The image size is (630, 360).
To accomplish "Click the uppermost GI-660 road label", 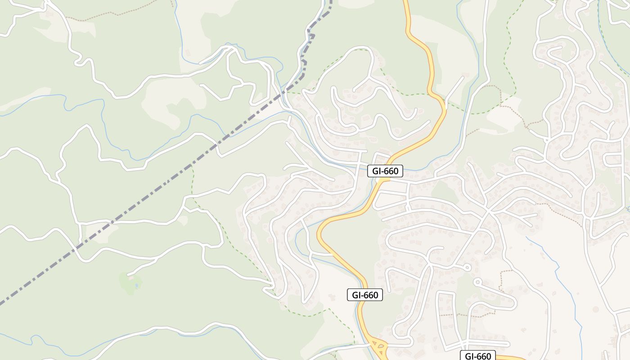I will click(x=385, y=171).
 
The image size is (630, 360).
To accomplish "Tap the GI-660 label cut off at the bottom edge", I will click(x=478, y=356).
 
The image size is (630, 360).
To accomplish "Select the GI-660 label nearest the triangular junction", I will click(x=365, y=295).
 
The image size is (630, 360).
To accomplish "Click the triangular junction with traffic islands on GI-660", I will click(x=379, y=347).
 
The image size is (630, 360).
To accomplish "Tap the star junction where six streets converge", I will click(x=488, y=211).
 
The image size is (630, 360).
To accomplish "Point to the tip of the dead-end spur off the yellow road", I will click(x=463, y=77).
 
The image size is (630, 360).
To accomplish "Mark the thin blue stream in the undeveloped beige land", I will click(x=558, y=274).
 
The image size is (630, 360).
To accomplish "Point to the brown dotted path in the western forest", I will click(x=112, y=13).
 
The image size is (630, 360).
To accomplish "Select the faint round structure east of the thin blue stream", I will click(x=596, y=310).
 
